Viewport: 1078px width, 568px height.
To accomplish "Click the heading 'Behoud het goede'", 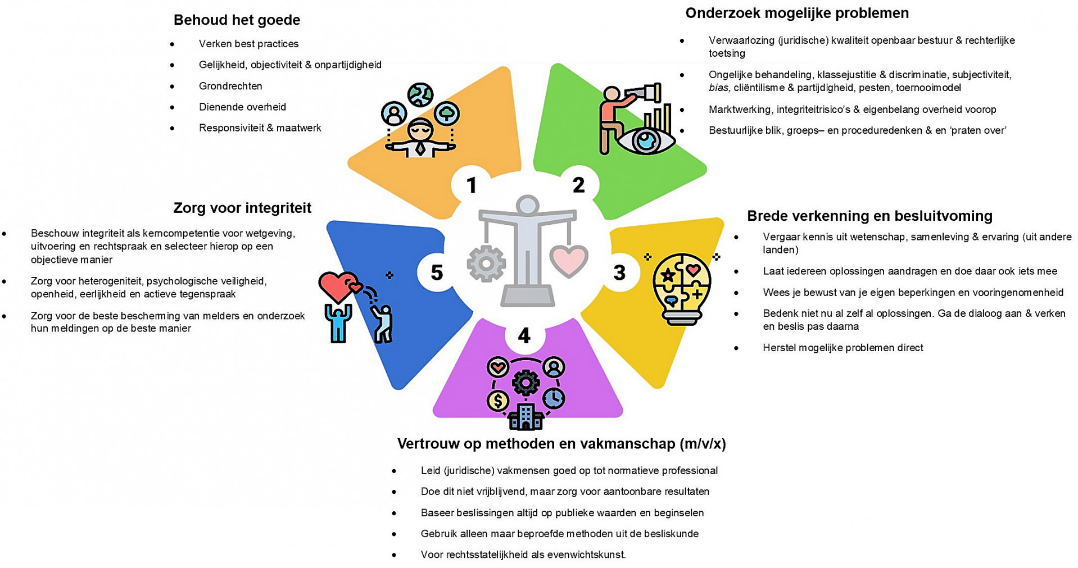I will point(237,20).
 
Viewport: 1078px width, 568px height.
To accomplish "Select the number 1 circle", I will point(471,185).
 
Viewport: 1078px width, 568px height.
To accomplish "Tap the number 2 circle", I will point(578,185).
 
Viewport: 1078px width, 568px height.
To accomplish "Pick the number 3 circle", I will point(619,272).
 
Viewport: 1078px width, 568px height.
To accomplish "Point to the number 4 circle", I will point(524,335).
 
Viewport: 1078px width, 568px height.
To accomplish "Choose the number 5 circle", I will point(437,272).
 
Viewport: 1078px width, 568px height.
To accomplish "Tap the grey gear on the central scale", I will point(486,263).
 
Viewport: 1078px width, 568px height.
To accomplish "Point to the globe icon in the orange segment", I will point(420,94).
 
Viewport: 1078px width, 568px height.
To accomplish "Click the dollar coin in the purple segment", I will point(498,401).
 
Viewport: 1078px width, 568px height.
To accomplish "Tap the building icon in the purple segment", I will point(526,417).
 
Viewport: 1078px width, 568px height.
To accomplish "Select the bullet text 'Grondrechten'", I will point(230,86).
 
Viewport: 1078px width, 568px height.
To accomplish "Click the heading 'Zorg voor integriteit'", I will point(242,208).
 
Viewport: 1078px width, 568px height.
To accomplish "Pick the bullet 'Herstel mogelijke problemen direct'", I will point(843,348).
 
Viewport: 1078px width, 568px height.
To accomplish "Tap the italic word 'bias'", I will point(719,88).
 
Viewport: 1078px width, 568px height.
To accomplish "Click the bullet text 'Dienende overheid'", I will point(242,107).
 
